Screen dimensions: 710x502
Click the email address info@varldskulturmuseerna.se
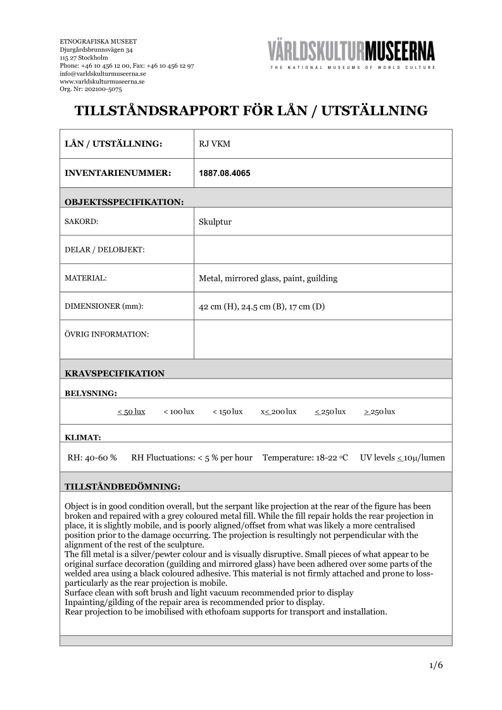[x=103, y=73]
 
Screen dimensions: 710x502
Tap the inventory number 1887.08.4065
[x=224, y=173]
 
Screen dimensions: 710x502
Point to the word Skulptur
[x=215, y=222]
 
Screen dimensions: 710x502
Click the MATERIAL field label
[x=85, y=278]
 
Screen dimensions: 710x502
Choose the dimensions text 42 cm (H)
[x=218, y=307]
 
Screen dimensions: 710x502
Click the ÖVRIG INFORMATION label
[x=106, y=333]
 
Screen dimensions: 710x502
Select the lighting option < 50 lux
[x=131, y=411]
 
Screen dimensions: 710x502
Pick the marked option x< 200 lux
[x=279, y=411]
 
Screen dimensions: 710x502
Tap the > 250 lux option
[x=379, y=411]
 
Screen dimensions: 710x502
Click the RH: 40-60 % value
[x=92, y=458]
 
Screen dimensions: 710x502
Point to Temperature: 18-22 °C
[x=305, y=458]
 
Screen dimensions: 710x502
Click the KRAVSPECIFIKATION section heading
[x=115, y=373]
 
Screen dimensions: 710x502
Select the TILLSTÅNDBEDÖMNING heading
[x=123, y=487]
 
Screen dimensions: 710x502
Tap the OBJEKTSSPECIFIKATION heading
[x=124, y=202]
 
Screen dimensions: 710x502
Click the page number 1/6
[x=436, y=665]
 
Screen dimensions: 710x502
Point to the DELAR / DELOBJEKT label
[x=105, y=250]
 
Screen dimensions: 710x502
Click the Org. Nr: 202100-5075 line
[x=91, y=90]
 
